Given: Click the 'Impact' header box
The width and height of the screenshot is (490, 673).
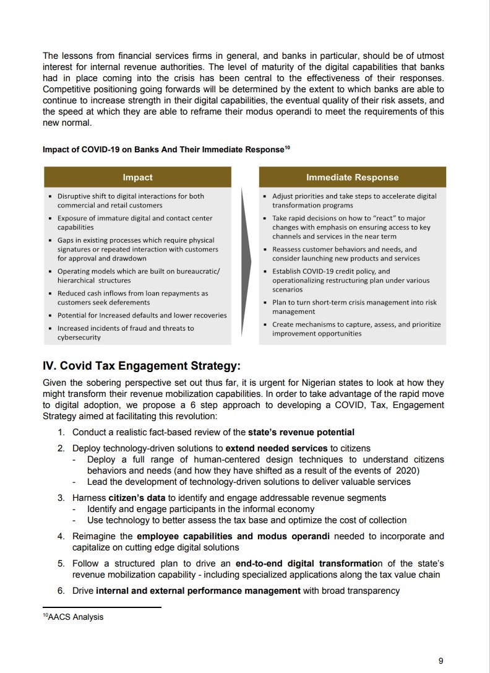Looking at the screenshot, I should pyautogui.click(x=137, y=178).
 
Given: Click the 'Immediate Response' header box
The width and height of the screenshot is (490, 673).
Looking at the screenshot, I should pyautogui.click(x=353, y=178).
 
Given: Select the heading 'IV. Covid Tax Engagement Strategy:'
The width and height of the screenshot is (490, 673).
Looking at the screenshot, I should pyautogui.click(x=142, y=366).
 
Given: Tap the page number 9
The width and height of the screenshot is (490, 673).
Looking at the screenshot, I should pyautogui.click(x=441, y=661).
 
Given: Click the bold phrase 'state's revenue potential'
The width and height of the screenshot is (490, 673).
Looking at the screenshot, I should pyautogui.click(x=301, y=432).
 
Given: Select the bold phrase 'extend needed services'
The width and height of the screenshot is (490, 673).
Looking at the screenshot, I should pyautogui.click(x=276, y=448).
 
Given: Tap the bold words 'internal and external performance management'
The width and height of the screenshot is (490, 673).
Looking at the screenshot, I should pyautogui.click(x=198, y=591).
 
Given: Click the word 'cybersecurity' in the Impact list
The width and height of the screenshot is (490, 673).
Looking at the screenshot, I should pyautogui.click(x=79, y=337).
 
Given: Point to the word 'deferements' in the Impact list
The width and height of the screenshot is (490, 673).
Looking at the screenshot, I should pyautogui.click(x=129, y=302).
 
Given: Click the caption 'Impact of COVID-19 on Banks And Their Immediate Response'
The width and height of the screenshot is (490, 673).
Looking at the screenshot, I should pyautogui.click(x=163, y=150).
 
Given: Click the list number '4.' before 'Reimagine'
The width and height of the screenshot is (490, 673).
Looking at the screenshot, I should pyautogui.click(x=61, y=536).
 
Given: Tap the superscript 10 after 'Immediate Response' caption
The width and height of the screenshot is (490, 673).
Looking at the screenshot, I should pyautogui.click(x=287, y=147).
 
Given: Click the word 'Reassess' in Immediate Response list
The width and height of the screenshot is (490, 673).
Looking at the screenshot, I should pyautogui.click(x=288, y=249).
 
